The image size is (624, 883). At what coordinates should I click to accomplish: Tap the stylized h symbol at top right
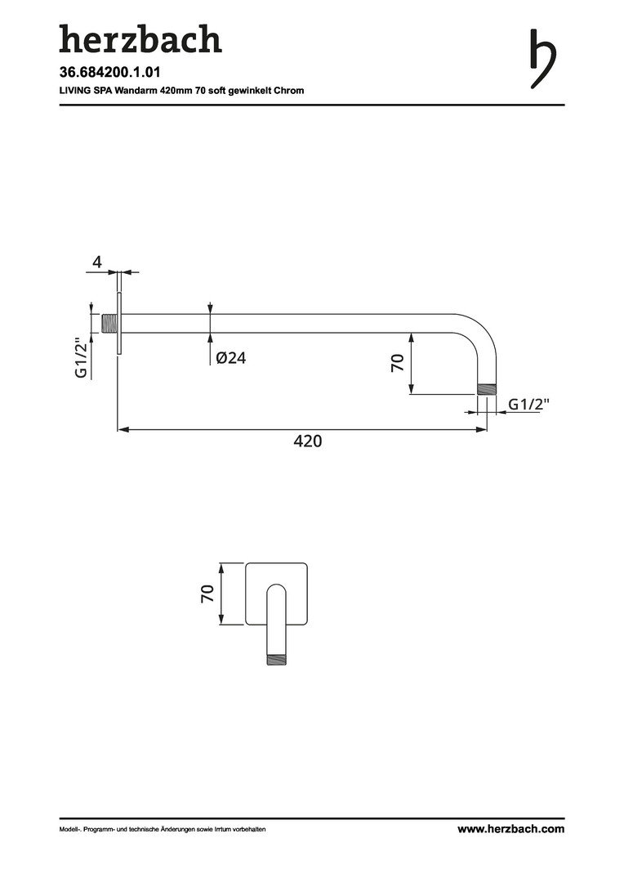pyautogui.click(x=542, y=58)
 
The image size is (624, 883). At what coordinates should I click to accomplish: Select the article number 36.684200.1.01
pyautogui.click(x=110, y=73)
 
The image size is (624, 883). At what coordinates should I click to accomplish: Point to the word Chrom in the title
pyautogui.click(x=289, y=90)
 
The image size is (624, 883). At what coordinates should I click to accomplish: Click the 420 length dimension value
pyautogui.click(x=308, y=441)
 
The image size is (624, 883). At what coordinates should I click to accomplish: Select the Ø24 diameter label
pyautogui.click(x=231, y=357)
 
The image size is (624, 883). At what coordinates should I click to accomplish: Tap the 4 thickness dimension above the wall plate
pyautogui.click(x=97, y=262)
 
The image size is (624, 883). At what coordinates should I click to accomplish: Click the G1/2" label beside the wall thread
pyautogui.click(x=82, y=358)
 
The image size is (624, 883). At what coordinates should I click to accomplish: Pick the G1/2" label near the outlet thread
pyautogui.click(x=529, y=404)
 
